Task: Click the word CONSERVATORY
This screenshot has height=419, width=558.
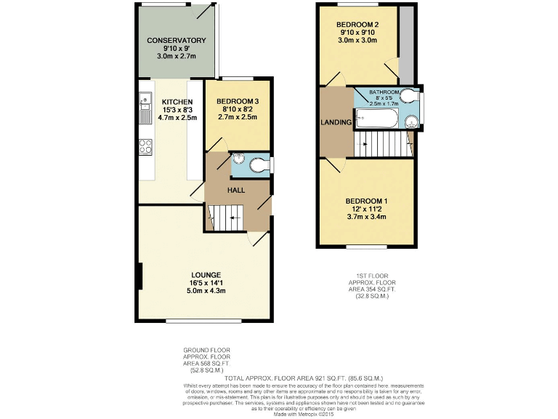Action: tap(177, 40)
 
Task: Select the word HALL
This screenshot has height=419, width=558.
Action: tap(236, 190)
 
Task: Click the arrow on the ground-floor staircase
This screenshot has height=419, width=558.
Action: tap(230, 218)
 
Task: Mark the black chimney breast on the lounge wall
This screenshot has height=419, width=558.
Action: tap(139, 276)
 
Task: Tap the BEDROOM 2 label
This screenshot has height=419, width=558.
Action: tap(357, 24)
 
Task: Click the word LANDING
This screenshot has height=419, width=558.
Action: tap(336, 121)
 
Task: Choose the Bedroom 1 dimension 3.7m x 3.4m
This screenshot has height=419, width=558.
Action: tap(365, 216)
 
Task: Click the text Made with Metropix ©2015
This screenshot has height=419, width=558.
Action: tap(289, 413)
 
